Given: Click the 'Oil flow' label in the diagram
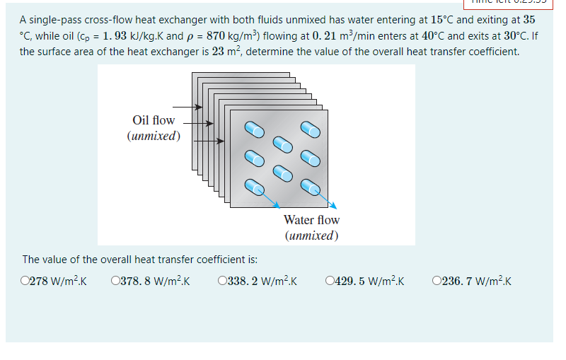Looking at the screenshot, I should pyautogui.click(x=153, y=120).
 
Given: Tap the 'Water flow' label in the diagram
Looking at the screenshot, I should pyautogui.click(x=311, y=220).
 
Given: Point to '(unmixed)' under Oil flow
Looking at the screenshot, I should pyautogui.click(x=153, y=135).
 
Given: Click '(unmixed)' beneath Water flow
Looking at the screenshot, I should pyautogui.click(x=311, y=235).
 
